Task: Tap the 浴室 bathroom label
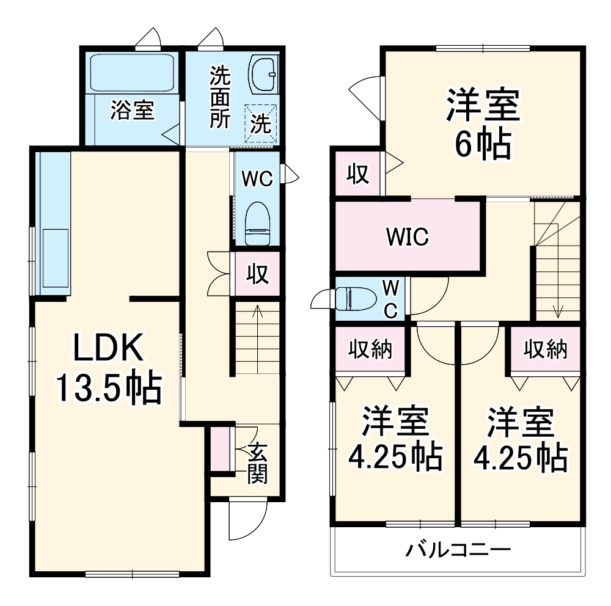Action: [133, 111]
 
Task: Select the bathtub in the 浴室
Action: [133, 73]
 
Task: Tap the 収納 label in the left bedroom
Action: [370, 349]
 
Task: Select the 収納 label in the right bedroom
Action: [546, 349]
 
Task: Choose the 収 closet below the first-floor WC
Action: [258, 274]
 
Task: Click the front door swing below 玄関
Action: [245, 520]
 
